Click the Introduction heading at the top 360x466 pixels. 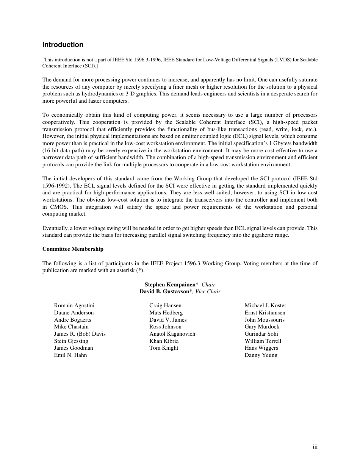click(63, 45)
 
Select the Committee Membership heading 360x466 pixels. click(73, 249)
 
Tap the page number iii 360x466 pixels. click(315, 447)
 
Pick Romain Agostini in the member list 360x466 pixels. click(74, 305)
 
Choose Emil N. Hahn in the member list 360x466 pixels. click(70, 355)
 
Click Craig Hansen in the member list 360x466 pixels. click(165, 305)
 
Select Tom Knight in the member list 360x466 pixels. click(164, 348)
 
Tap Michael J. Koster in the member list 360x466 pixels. click(265, 305)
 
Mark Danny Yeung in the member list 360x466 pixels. click(261, 355)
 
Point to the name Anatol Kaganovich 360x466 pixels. click(172, 334)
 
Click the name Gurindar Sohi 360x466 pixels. click(261, 334)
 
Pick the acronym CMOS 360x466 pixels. click(59, 207)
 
